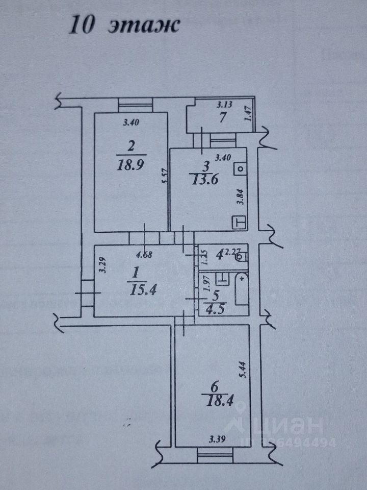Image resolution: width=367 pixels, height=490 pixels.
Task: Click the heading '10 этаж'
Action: (x=125, y=24)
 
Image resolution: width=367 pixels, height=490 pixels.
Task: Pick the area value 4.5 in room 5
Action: (x=212, y=308)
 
